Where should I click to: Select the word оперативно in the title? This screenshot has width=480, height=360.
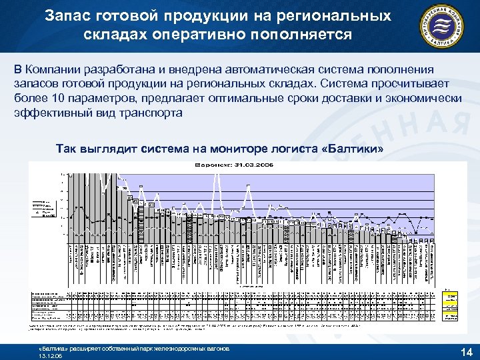click(x=203, y=35)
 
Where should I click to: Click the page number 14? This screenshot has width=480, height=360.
click(x=466, y=351)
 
